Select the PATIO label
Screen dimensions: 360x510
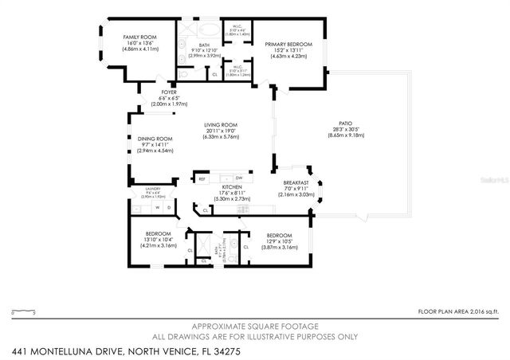click(x=345, y=123)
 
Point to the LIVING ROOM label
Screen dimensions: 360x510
click(x=221, y=124)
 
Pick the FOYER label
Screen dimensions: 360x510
click(x=168, y=92)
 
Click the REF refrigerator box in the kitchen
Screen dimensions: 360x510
click(x=202, y=178)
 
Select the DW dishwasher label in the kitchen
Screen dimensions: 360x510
click(x=238, y=178)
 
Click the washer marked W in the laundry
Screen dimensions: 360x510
click(x=157, y=207)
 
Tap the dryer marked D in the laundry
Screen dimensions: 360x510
click(x=168, y=207)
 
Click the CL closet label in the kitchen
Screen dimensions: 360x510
click(x=206, y=210)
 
